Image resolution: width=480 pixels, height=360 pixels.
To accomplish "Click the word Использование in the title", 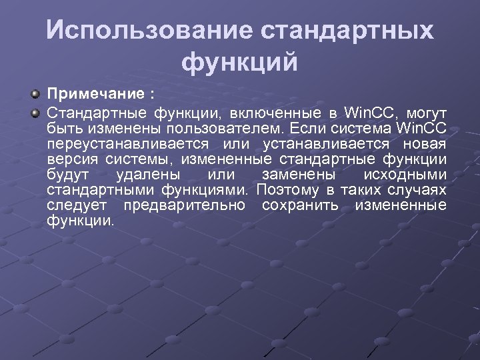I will [149, 31].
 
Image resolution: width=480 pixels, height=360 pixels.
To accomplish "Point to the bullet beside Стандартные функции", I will [36, 109].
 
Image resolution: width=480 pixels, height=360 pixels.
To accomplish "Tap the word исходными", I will [404, 175].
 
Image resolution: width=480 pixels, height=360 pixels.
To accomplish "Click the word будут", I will [67, 175].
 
